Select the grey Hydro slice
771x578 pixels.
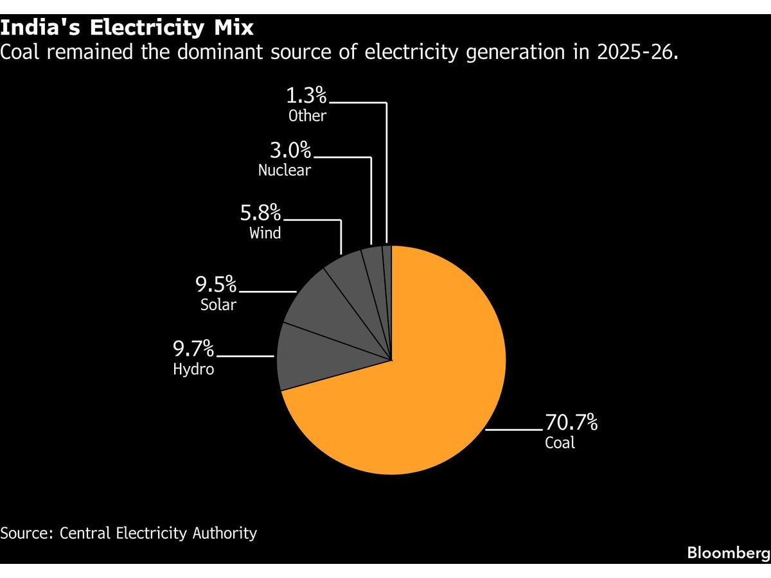point(316,355)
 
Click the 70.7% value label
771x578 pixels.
point(571,422)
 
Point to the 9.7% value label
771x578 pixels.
point(193,349)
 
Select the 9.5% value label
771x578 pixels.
point(216,284)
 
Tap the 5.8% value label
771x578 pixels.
point(261,213)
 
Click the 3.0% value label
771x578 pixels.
point(290,150)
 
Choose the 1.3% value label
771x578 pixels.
point(306,95)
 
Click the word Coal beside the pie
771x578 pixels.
point(560,442)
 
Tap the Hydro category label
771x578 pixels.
point(193,369)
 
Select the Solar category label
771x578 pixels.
point(218,304)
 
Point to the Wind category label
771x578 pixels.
point(265,233)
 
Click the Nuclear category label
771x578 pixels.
point(285,171)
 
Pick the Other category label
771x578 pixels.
point(307,116)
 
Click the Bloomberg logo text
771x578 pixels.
point(729,554)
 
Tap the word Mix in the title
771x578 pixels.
point(234,28)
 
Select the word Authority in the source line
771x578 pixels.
point(225,534)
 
